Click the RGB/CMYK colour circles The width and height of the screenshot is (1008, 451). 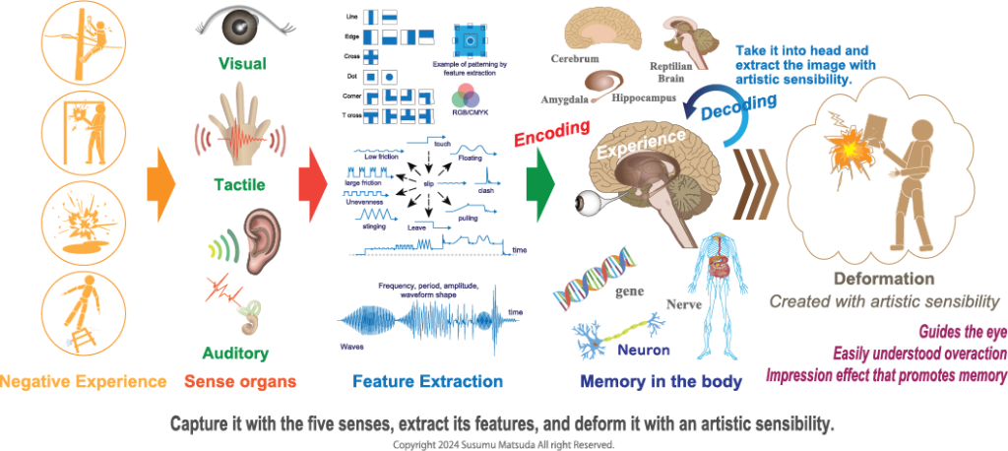[x=466, y=97]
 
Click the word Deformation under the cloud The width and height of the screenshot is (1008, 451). [x=884, y=279]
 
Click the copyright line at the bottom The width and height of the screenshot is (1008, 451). [x=503, y=445]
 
